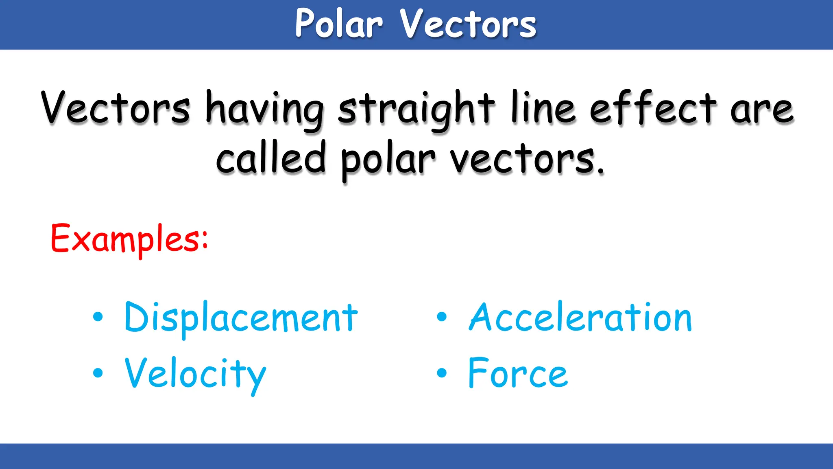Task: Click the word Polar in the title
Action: coord(339,24)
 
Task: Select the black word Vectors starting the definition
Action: coord(116,107)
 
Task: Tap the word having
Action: coord(265,109)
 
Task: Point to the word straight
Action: coord(416,109)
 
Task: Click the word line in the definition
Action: coord(543,107)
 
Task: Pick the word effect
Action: coord(653,107)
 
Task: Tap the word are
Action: coord(762,110)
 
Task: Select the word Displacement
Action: coord(241,318)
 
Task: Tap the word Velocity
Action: coord(195,374)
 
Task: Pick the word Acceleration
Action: coord(580,318)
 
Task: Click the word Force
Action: coord(518,373)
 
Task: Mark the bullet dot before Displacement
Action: coord(98,317)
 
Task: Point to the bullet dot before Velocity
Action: coord(98,373)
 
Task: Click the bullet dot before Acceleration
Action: coord(442,317)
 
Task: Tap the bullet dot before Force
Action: coord(442,373)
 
